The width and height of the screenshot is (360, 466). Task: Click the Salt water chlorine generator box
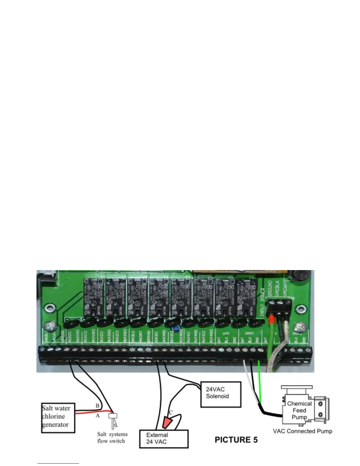click(x=58, y=418)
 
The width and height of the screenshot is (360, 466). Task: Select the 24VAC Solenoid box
click(x=221, y=394)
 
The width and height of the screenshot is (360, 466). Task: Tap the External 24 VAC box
click(x=164, y=439)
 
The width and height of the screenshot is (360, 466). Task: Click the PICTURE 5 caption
click(x=236, y=440)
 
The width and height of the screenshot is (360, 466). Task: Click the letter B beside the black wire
click(x=97, y=406)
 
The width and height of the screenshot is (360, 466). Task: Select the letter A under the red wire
click(x=98, y=416)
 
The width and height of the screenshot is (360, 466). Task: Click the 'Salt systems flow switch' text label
click(x=112, y=437)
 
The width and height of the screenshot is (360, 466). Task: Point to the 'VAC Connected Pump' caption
click(x=302, y=431)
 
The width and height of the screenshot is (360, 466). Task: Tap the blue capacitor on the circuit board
click(x=176, y=327)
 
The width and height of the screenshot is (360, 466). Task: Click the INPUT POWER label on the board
click(x=262, y=302)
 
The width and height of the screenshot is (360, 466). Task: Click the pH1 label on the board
click(x=226, y=333)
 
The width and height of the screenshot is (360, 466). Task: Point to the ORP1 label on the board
click(x=249, y=333)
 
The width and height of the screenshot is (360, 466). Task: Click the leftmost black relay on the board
click(x=94, y=297)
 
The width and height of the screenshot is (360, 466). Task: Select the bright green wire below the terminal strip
click(x=259, y=382)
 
